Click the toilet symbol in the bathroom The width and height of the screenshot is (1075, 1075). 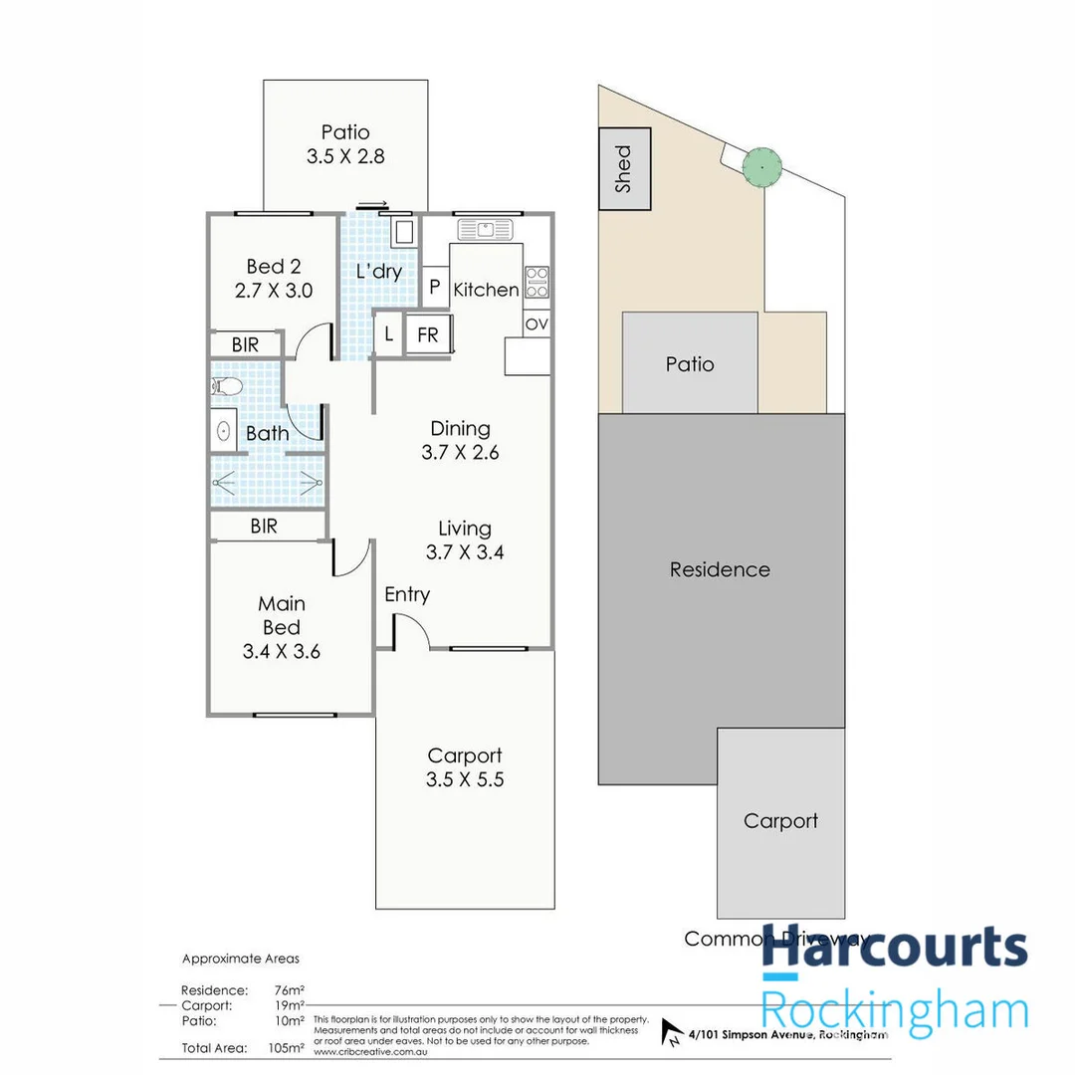pyautogui.click(x=224, y=386)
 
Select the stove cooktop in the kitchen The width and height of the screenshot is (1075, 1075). pyautogui.click(x=537, y=283)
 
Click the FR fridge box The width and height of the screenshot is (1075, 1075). pyautogui.click(x=428, y=334)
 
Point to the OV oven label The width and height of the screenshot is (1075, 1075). pyautogui.click(x=537, y=324)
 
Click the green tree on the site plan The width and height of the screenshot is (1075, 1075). pyautogui.click(x=761, y=166)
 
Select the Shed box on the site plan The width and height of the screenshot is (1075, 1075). pyautogui.click(x=624, y=168)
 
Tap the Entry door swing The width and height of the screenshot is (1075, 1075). pyautogui.click(x=411, y=631)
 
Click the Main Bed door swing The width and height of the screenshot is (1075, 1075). pyautogui.click(x=351, y=557)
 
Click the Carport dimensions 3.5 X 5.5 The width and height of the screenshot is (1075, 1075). pyautogui.click(x=465, y=779)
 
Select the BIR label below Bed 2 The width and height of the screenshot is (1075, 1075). pyautogui.click(x=245, y=344)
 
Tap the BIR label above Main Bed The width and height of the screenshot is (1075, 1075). pyautogui.click(x=264, y=527)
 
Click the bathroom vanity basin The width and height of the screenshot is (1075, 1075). pyautogui.click(x=224, y=431)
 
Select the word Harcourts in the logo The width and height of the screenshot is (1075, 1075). pyautogui.click(x=894, y=947)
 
